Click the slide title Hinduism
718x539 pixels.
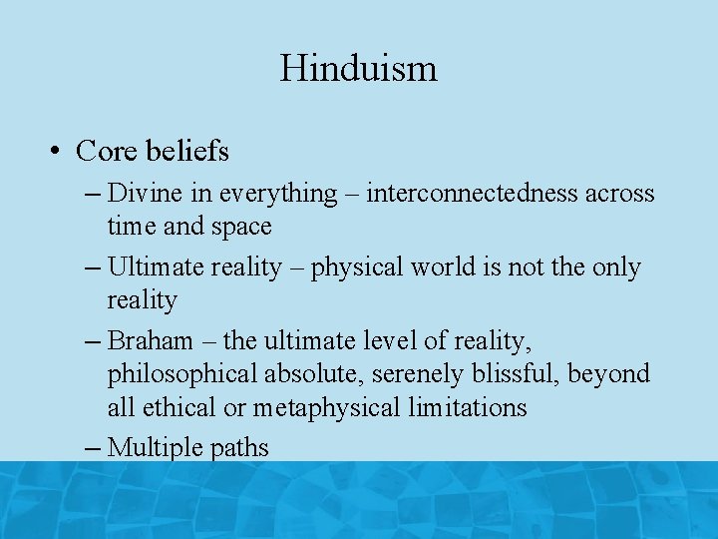coord(358,68)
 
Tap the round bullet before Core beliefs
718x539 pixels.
coord(56,152)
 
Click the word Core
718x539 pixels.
coord(109,151)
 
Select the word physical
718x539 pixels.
coord(356,268)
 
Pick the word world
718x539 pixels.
coord(442,267)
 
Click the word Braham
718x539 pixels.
coord(150,340)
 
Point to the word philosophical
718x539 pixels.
coord(182,374)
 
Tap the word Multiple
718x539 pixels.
coord(153,448)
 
